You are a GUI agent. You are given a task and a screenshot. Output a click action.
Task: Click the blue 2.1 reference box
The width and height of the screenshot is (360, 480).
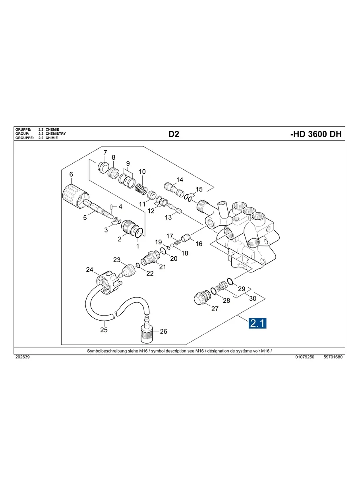(257, 323)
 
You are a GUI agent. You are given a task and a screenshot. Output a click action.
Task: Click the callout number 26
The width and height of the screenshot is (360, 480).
(163, 331)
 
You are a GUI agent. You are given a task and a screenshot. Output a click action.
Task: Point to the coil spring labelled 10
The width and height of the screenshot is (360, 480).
(141, 187)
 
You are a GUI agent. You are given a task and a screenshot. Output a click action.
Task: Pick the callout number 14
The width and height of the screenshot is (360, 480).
(180, 180)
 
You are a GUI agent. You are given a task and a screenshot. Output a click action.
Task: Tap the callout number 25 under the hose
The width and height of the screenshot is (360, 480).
(104, 329)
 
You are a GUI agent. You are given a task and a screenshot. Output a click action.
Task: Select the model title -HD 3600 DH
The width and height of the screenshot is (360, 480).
(316, 134)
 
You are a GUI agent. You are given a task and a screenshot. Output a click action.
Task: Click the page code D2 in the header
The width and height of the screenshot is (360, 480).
(174, 134)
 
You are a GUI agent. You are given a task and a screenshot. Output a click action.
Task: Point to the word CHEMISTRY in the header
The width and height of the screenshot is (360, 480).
(56, 134)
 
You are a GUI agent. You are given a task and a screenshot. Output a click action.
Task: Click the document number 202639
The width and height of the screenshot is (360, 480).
(22, 357)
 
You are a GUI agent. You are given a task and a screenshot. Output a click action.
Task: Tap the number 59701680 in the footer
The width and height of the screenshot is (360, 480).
(333, 357)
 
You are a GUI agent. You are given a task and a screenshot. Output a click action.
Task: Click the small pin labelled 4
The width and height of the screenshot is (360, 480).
(112, 207)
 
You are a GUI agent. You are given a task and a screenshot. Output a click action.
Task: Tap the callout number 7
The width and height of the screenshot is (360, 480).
(105, 153)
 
